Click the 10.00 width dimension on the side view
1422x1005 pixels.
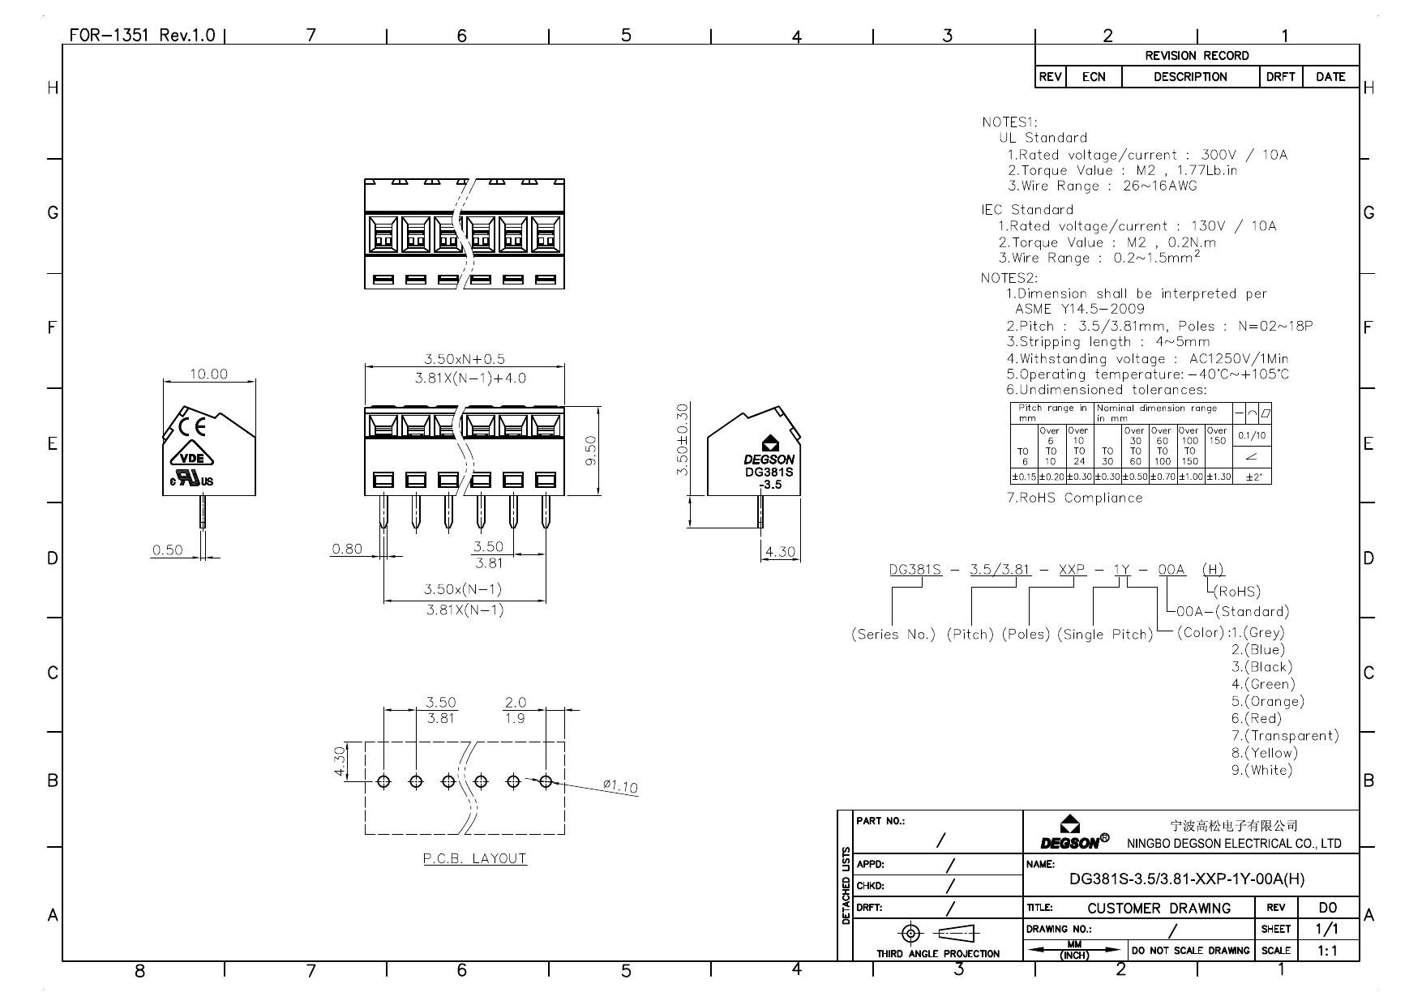point(208,374)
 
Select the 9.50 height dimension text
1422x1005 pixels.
point(590,451)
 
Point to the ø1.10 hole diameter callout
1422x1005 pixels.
point(620,785)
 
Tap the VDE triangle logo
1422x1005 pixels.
point(192,457)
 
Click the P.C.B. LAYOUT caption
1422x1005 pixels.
point(474,858)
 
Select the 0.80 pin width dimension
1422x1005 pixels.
point(347,549)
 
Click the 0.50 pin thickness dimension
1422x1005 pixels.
point(168,550)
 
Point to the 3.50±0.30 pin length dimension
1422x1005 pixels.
point(682,439)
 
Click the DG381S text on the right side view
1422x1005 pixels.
point(769,472)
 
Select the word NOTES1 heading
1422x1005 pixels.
point(1009,122)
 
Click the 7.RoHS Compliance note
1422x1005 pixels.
point(1074,498)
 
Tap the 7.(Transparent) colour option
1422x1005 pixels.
point(1285,735)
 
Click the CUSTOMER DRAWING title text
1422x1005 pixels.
point(1159,908)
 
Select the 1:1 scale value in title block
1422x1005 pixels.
point(1327,950)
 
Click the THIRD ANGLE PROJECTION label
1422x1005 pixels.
point(938,953)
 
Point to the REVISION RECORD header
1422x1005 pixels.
point(1197,55)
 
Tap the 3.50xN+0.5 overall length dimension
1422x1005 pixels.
point(465,358)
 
